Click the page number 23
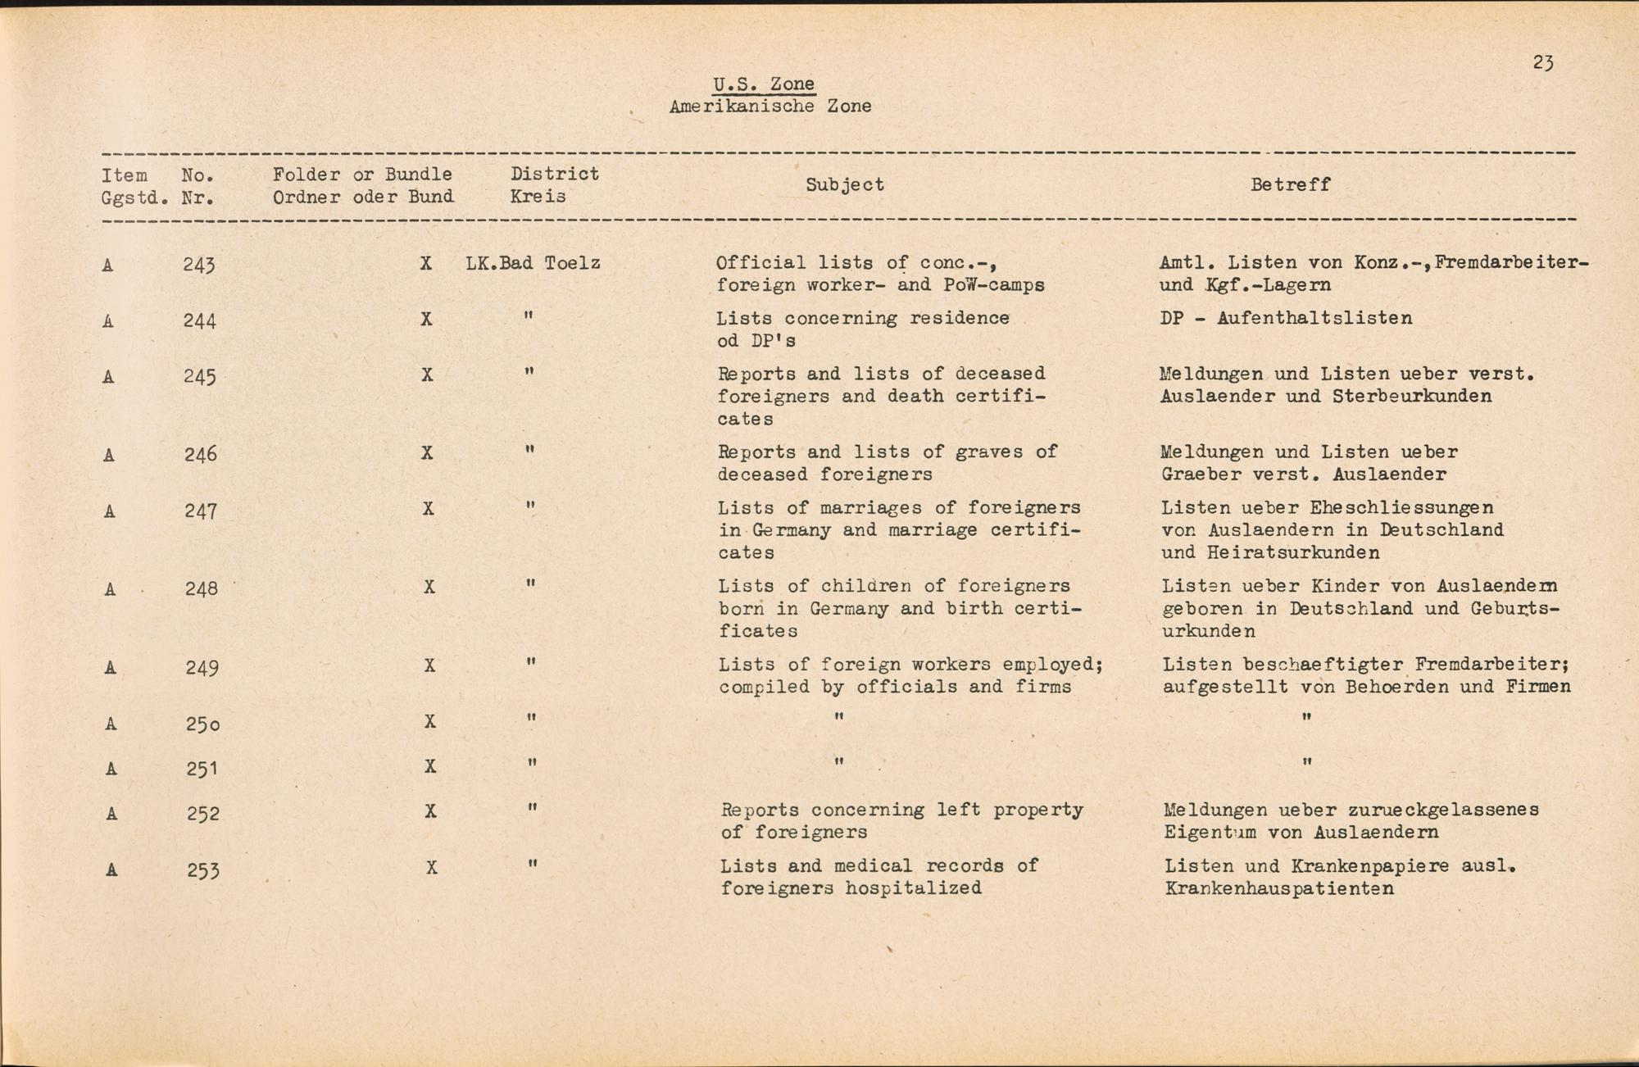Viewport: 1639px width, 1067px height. pyautogui.click(x=1543, y=63)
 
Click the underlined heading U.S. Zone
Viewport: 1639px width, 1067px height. pyautogui.click(x=763, y=84)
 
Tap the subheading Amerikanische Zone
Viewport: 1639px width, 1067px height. pyautogui.click(x=770, y=107)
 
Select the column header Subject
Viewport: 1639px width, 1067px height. pyautogui.click(x=845, y=185)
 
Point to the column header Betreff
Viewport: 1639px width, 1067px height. pyautogui.click(x=1290, y=185)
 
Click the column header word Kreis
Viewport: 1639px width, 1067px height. pyautogui.click(x=538, y=198)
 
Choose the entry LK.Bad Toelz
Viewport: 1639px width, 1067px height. pyautogui.click(x=533, y=264)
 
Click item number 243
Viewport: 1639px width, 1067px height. pyautogui.click(x=199, y=265)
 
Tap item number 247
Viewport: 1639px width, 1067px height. pyautogui.click(x=201, y=511)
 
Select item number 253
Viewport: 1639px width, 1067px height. pyautogui.click(x=202, y=869)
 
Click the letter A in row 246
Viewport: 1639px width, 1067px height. pyautogui.click(x=109, y=455)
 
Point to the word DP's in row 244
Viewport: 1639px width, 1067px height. pyautogui.click(x=768, y=341)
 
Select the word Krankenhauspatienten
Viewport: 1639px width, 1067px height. pyautogui.click(x=1278, y=889)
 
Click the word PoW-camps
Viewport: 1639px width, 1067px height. pyautogui.click(x=993, y=286)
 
